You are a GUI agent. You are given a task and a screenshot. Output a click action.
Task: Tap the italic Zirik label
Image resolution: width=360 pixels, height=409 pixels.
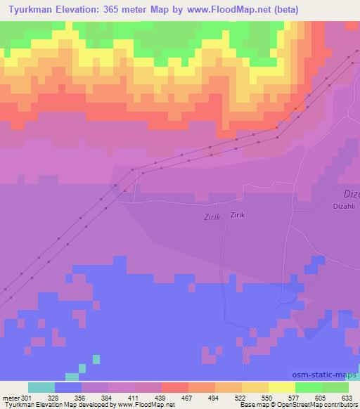coord(212,218)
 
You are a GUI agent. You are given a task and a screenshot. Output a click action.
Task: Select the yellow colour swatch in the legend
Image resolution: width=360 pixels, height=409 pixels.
coord(282,387)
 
